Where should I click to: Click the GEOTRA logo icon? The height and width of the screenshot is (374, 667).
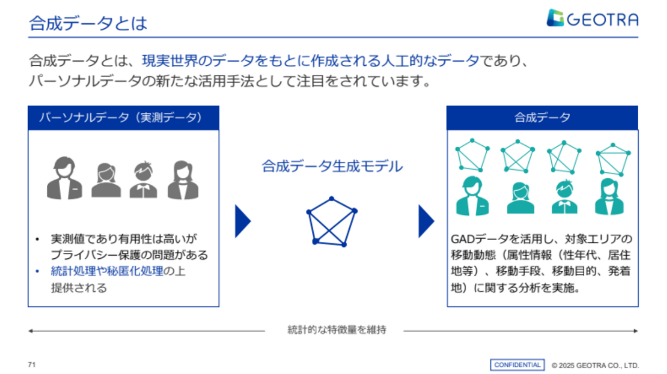[555, 18]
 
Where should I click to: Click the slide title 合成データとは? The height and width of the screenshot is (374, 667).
[88, 23]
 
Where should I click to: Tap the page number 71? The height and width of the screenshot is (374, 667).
[31, 364]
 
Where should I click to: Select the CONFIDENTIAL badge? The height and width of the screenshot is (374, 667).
[517, 365]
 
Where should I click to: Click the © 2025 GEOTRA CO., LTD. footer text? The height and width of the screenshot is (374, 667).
[595, 365]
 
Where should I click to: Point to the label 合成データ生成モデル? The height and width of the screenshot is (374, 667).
[332, 166]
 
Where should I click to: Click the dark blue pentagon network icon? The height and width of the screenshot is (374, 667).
[332, 221]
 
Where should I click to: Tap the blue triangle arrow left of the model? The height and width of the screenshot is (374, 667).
[243, 221]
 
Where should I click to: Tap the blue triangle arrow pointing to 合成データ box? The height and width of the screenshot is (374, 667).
[427, 221]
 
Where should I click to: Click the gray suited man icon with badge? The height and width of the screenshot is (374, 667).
[65, 178]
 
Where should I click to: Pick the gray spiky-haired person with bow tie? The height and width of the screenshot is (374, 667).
[143, 180]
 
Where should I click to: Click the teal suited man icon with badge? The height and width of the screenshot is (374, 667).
[472, 196]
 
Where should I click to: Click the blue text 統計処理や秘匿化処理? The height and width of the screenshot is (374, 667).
[107, 271]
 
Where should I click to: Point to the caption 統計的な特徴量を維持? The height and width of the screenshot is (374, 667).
[337, 330]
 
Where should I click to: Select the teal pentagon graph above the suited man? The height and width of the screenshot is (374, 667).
[472, 156]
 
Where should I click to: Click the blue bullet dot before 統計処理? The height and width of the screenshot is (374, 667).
[37, 271]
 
